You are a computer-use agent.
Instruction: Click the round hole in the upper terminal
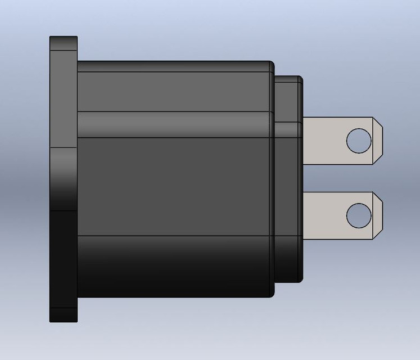coord(358,140)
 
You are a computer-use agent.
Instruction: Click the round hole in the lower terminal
coord(358,215)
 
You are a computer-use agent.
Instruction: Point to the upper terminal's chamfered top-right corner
coord(378,122)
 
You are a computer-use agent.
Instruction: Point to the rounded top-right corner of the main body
coord(272,64)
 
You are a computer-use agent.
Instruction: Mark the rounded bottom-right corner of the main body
coord(272,294)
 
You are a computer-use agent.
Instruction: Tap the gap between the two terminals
coord(337,178)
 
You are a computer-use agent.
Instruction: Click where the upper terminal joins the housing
coord(305,141)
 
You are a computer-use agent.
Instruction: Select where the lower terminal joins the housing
coord(305,215)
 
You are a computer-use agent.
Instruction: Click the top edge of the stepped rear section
coord(288,78)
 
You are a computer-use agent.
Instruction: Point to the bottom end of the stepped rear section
coord(288,280)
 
